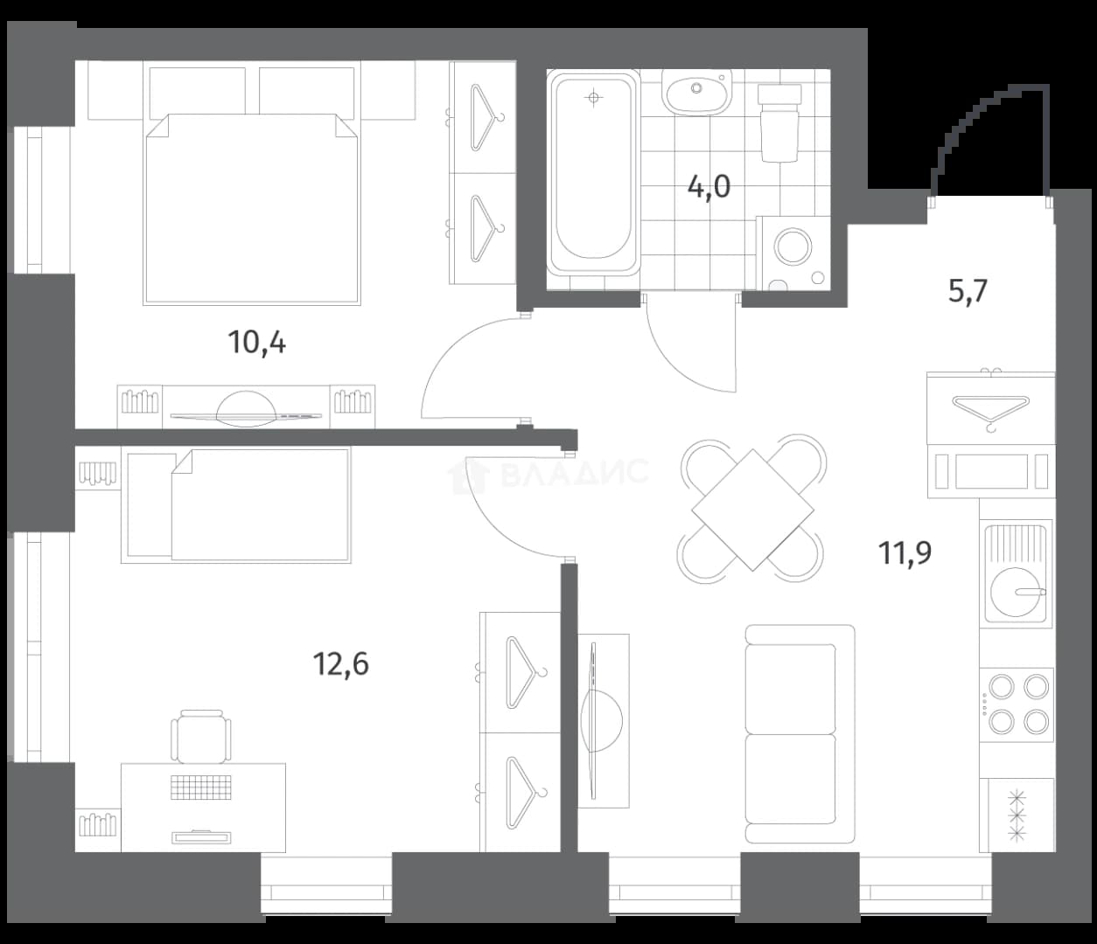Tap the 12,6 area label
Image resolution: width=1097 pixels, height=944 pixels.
(x=340, y=663)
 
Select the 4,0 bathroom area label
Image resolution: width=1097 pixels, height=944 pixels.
(x=709, y=187)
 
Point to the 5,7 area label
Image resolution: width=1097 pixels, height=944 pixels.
(x=968, y=291)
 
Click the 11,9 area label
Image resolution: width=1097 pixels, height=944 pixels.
(x=905, y=553)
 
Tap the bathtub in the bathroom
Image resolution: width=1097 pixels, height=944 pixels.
(x=594, y=173)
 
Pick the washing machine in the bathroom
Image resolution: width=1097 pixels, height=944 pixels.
(x=793, y=253)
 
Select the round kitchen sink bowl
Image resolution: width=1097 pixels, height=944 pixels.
(x=1016, y=592)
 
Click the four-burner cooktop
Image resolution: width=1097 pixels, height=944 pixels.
(x=1017, y=705)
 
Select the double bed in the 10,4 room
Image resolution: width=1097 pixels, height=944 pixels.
(x=252, y=209)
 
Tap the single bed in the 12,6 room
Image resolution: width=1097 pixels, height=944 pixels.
(x=235, y=505)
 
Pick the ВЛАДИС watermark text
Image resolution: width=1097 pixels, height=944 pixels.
(x=574, y=471)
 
